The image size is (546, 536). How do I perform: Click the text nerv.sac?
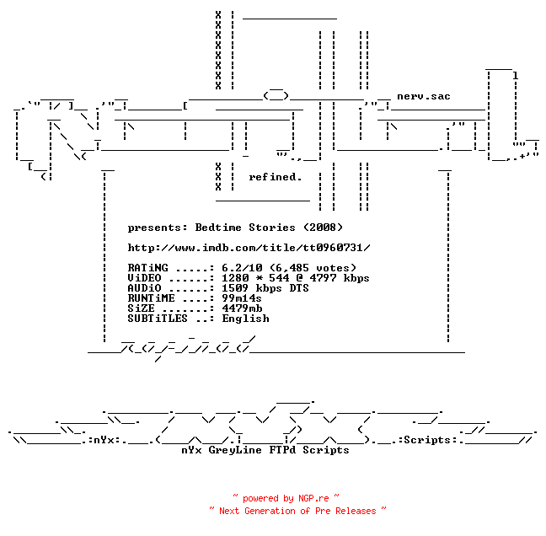tap(424, 96)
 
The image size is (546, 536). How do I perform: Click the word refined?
tap(275, 177)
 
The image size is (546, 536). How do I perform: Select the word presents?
tap(158, 228)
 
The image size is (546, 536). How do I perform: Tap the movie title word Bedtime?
tap(218, 228)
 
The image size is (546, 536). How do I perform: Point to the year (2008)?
tap(324, 228)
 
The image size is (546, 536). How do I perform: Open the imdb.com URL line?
tap(249, 248)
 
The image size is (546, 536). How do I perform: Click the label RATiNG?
tap(147, 268)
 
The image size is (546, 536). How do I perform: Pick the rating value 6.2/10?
tap(242, 268)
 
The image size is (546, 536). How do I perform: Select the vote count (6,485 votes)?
tap(313, 268)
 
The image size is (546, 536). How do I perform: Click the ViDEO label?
tap(144, 278)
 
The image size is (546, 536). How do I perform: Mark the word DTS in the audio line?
tap(299, 288)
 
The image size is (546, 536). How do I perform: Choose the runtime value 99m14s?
tap(242, 298)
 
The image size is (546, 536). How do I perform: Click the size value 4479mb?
tap(242, 308)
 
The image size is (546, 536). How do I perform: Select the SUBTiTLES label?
tap(158, 319)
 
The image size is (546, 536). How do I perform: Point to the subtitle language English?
tap(245, 319)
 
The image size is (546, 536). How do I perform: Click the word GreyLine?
tap(235, 450)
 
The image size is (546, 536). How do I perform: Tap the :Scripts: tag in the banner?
tap(427, 440)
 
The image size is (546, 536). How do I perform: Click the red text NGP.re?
tap(313, 498)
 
